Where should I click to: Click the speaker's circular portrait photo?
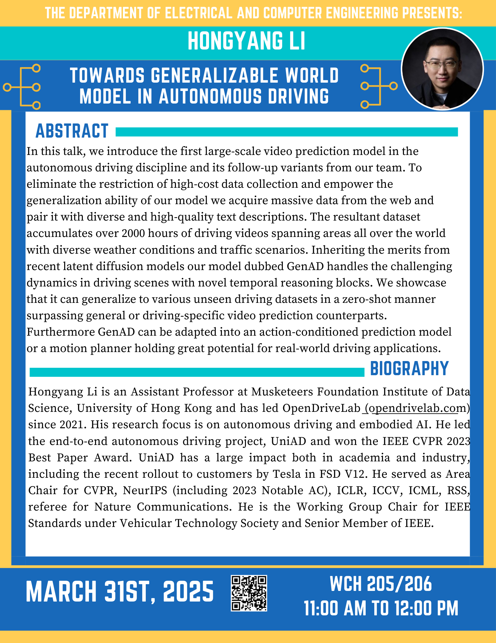(442, 69)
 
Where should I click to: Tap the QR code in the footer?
(249, 593)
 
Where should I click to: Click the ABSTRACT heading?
(72, 131)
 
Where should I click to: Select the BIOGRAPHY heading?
(409, 368)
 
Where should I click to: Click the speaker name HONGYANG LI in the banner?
(246, 41)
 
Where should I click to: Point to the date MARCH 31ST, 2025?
(120, 592)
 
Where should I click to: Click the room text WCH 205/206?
(381, 584)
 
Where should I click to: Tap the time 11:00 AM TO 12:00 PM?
(381, 608)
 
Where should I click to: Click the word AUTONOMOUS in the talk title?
(210, 96)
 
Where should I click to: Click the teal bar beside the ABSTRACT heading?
(286, 132)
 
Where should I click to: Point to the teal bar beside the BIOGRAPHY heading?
(197, 372)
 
